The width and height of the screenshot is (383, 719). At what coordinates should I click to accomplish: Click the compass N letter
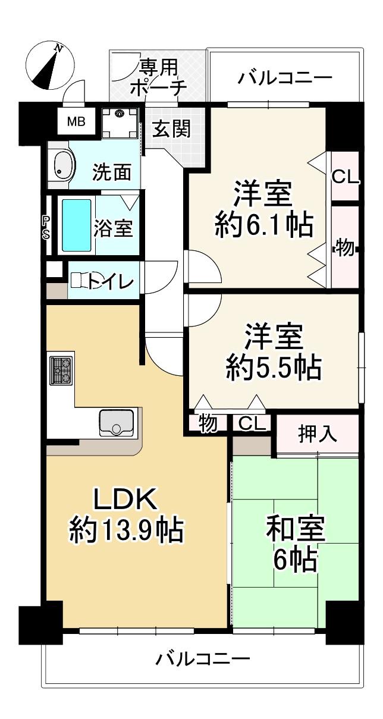[x=58, y=48]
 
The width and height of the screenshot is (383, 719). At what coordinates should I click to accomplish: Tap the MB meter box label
[x=76, y=122]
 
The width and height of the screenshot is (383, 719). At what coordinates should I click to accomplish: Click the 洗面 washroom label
[x=112, y=172]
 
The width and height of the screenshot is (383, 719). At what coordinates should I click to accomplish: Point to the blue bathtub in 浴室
[x=76, y=225]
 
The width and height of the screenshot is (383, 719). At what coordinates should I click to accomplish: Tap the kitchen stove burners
[x=61, y=371]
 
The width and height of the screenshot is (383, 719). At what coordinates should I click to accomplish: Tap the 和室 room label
[x=296, y=528]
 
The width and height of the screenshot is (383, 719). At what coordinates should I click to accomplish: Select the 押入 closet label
[x=318, y=434]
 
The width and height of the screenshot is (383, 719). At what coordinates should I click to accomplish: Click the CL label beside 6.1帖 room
[x=345, y=177]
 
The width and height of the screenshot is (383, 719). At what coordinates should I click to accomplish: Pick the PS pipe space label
[x=46, y=227]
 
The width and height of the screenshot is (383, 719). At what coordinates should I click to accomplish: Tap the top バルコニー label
[x=284, y=78]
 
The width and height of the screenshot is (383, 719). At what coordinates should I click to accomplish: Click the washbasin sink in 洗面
[x=62, y=166]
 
